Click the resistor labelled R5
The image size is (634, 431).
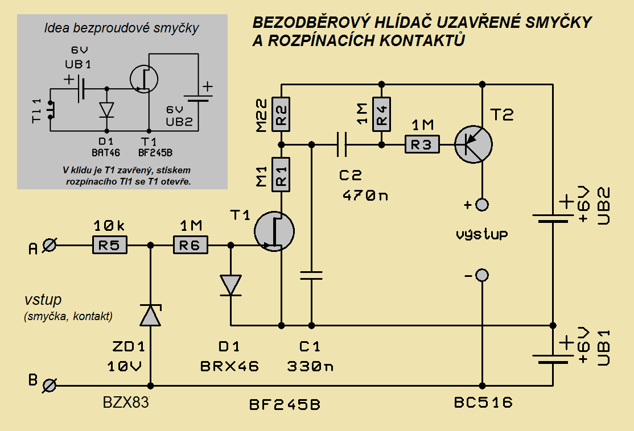(110, 246)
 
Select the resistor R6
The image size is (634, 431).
(191, 246)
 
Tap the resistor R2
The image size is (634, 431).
(281, 114)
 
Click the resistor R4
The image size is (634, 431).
(381, 113)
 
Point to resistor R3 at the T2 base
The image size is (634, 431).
(422, 145)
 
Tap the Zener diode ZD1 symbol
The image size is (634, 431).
(151, 315)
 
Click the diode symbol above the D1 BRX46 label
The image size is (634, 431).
(231, 284)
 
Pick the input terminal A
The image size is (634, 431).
(50, 246)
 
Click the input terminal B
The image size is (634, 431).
(50, 386)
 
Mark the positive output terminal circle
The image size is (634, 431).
(482, 205)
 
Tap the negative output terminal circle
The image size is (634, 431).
(482, 276)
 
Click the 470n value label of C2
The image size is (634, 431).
(365, 196)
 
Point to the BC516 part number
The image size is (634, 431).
(483, 403)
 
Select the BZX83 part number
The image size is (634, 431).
(126, 403)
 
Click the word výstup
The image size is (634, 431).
(482, 234)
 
